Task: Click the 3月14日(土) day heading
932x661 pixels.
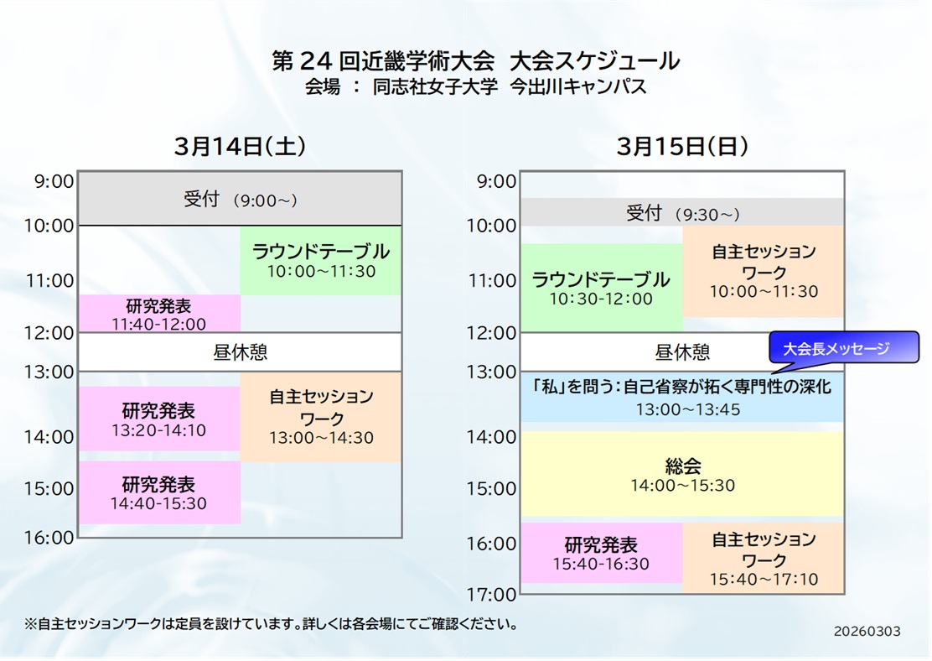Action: point(241,146)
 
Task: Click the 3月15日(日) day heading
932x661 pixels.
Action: point(681,146)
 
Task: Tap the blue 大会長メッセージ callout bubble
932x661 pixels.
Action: point(843,347)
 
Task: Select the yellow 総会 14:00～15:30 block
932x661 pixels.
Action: point(682,474)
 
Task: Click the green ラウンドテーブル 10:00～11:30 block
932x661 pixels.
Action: point(321,261)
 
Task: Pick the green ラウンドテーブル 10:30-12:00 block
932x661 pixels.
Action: point(602,288)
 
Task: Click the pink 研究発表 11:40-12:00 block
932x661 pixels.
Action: point(159,314)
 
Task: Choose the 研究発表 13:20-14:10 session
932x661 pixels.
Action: point(159,419)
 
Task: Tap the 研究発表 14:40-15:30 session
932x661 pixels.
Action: point(159,492)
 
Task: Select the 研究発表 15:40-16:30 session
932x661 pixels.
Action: point(602,553)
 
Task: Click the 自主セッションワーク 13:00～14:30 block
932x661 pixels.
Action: point(321,417)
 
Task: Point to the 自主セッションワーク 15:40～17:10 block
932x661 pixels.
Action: point(764,558)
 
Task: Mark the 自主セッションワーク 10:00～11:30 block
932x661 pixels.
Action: point(764,271)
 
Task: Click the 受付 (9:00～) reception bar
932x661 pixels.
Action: point(241,199)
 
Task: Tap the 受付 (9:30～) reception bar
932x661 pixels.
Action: point(682,212)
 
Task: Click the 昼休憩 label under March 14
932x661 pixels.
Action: point(241,352)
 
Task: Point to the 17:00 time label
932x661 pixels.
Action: point(491,594)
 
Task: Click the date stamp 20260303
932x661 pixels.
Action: point(867,632)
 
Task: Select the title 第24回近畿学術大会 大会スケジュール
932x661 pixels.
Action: point(475,60)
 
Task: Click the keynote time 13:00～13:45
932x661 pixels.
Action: point(688,409)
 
